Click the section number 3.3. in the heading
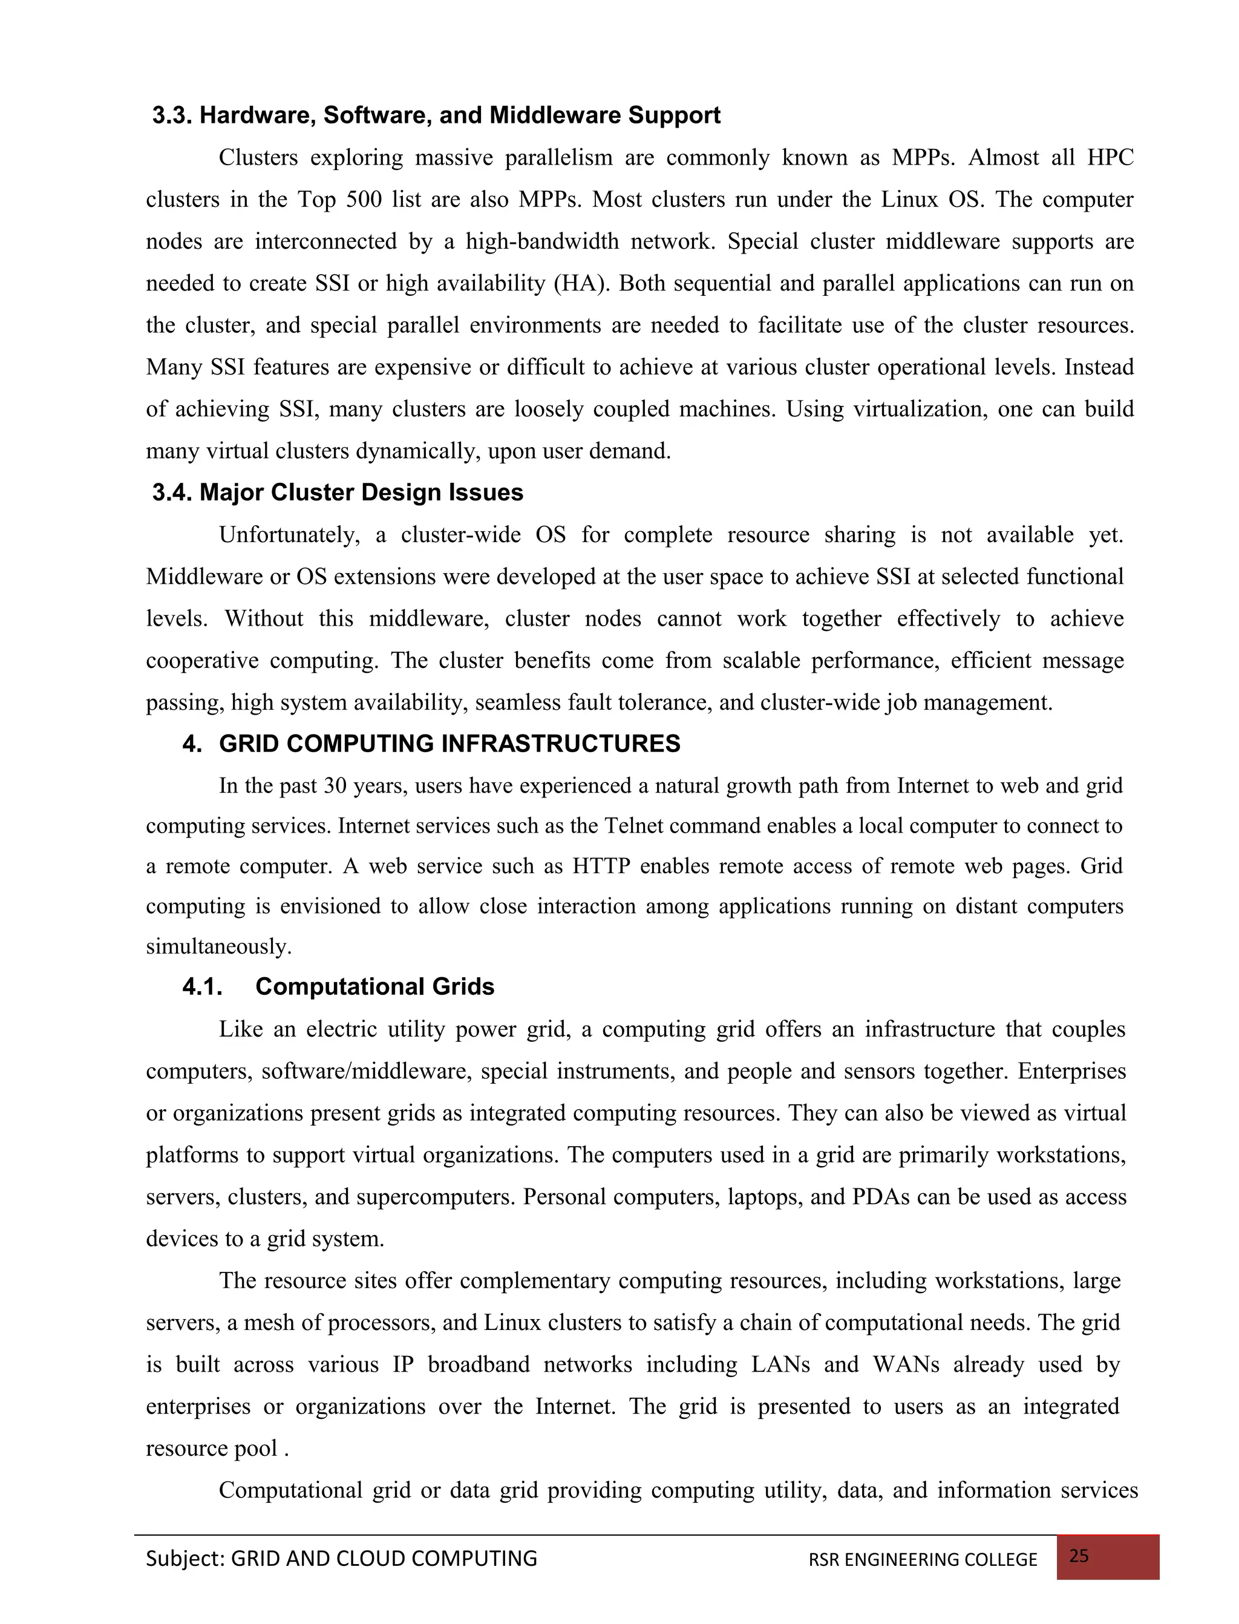[x=172, y=116]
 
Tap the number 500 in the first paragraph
[x=361, y=200]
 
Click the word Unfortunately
[x=289, y=535]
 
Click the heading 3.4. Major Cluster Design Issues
[x=338, y=493]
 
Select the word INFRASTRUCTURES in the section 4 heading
[x=560, y=744]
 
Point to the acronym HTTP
[x=601, y=866]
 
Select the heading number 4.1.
[x=202, y=987]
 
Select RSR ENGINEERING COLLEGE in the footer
[x=923, y=1560]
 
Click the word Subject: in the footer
[x=185, y=1559]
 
